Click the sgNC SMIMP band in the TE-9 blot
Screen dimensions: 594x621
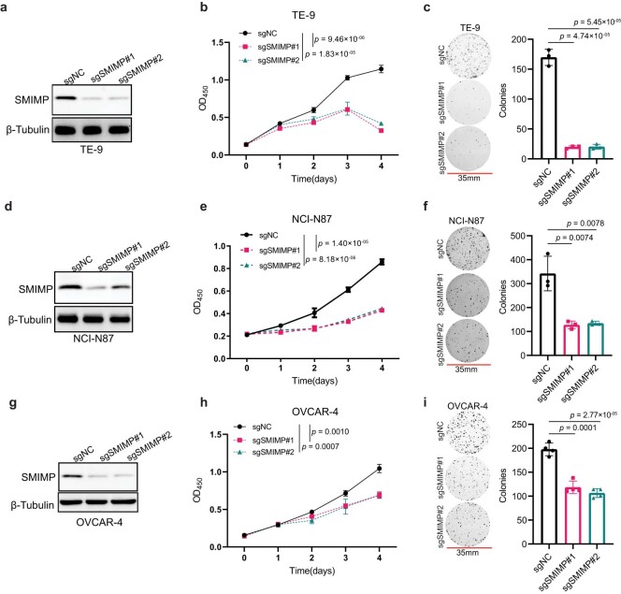tap(64, 96)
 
